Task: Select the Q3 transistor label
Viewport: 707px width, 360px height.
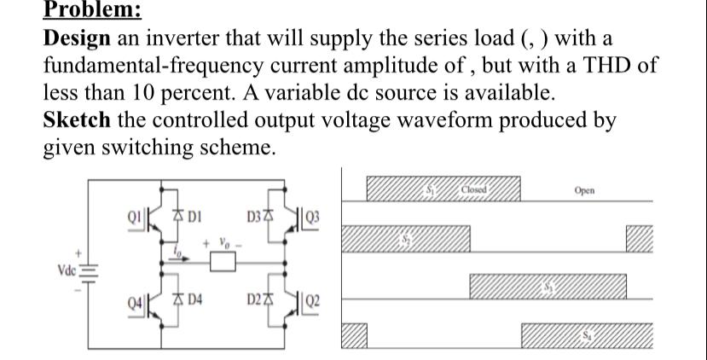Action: pyautogui.click(x=315, y=212)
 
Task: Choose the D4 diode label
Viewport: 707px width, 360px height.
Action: pyautogui.click(x=193, y=299)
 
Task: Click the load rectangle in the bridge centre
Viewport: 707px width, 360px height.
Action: pyautogui.click(x=224, y=264)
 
